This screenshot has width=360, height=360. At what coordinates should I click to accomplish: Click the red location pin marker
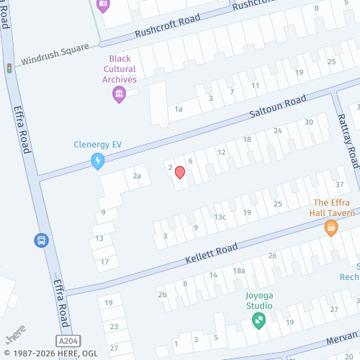click(180, 173)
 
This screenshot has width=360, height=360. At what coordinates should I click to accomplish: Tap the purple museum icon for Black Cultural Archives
click(120, 94)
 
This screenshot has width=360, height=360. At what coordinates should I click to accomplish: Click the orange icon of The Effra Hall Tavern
click(331, 228)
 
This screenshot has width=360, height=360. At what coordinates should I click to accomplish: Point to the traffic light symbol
click(9, 68)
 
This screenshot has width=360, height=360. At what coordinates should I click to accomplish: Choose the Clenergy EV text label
click(98, 144)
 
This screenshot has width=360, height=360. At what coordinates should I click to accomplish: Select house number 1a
click(178, 109)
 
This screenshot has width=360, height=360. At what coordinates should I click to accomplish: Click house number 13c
click(220, 217)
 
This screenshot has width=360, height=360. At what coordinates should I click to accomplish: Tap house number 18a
click(239, 271)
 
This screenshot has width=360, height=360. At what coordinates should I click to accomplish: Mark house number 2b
click(162, 294)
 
